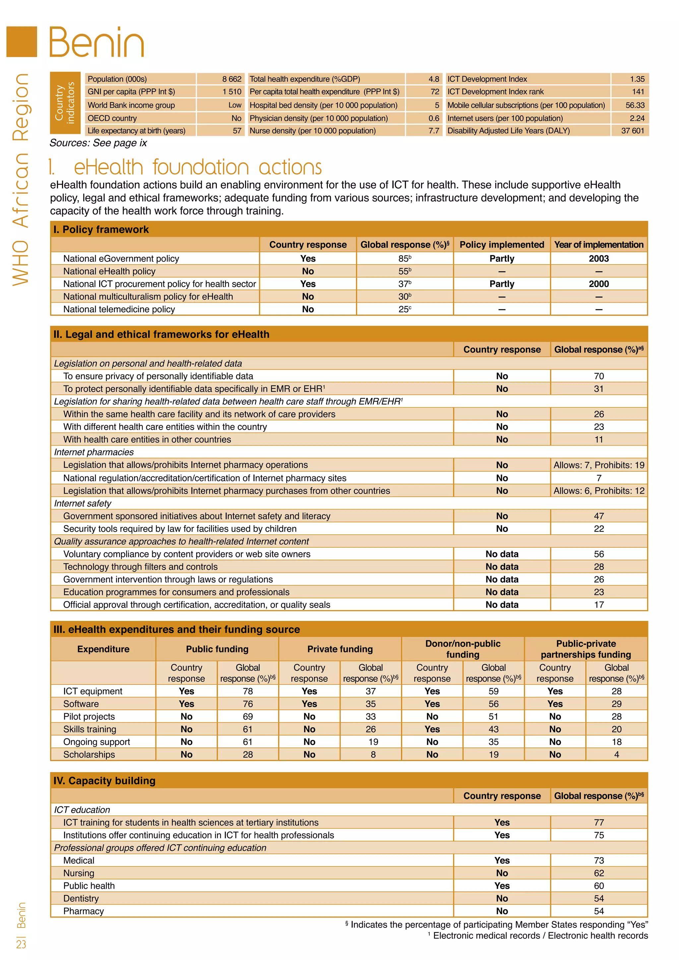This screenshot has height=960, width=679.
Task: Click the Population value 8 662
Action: click(x=232, y=79)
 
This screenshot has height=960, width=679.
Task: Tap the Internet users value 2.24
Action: click(x=637, y=118)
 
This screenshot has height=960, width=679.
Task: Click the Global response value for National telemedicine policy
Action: click(x=404, y=309)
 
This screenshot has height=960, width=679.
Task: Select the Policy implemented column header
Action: click(x=501, y=245)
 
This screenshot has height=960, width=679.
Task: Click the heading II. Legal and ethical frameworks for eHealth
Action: click(x=161, y=334)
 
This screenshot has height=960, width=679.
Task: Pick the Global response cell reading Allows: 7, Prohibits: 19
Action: click(x=598, y=465)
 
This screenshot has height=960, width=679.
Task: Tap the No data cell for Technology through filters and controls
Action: click(x=501, y=567)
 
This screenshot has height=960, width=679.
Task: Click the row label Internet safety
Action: click(x=83, y=504)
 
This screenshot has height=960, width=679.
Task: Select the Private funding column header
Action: click(x=339, y=649)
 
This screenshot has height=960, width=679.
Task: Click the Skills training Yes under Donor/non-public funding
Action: click(x=432, y=729)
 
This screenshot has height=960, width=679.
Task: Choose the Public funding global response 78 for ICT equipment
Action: click(x=248, y=691)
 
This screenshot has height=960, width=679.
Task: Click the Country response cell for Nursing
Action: click(x=501, y=873)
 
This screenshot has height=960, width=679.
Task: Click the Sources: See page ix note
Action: click(x=98, y=143)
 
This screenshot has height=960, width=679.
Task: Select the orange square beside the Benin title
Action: click(x=22, y=42)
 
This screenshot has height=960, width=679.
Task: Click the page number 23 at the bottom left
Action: click(x=21, y=944)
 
